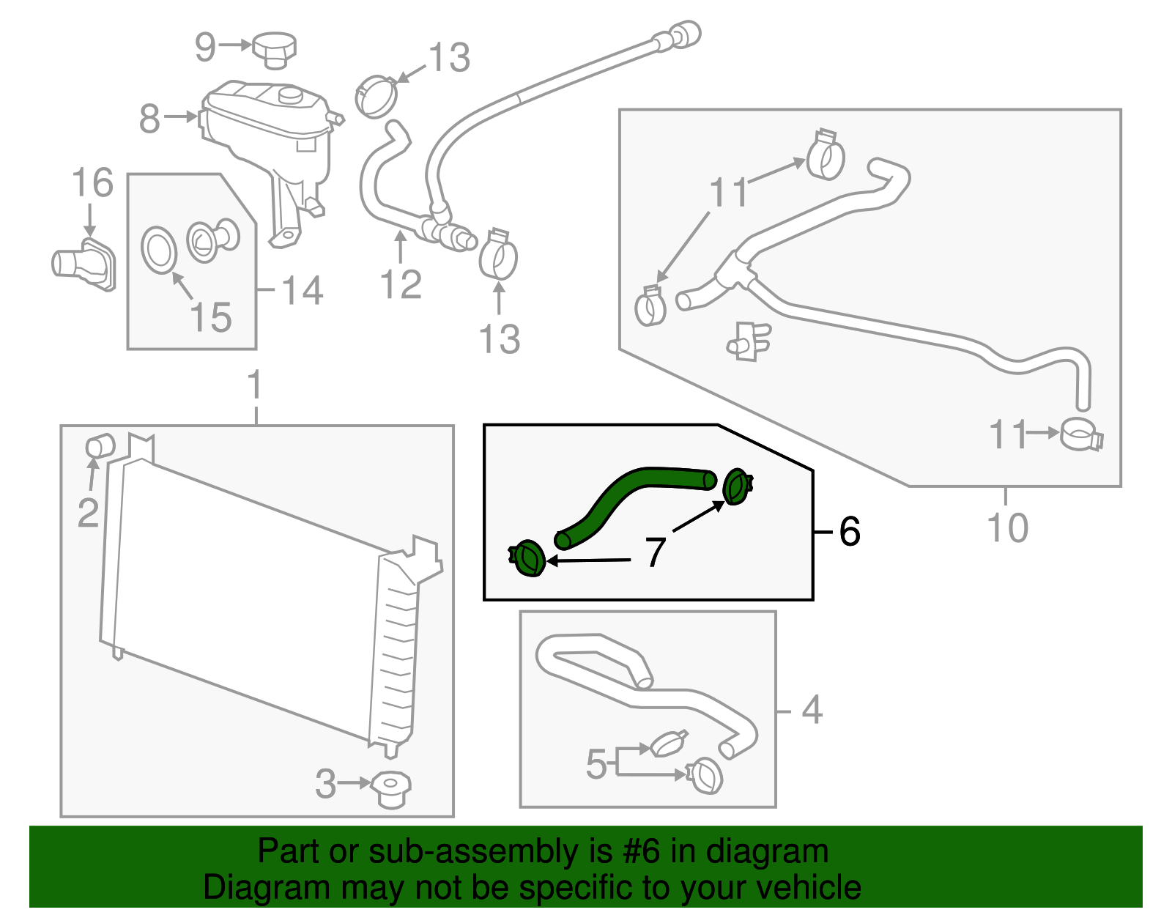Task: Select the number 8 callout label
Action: click(x=149, y=119)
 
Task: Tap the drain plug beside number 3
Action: click(x=390, y=789)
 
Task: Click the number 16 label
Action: click(x=92, y=183)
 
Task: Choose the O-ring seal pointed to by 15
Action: click(x=159, y=250)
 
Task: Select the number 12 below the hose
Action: click(x=401, y=285)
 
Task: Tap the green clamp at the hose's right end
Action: click(x=736, y=486)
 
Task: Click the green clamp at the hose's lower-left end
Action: click(x=528, y=560)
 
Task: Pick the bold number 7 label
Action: click(x=655, y=552)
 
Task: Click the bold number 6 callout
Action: click(x=850, y=531)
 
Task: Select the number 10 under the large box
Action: click(x=1008, y=528)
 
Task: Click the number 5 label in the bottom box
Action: click(x=596, y=764)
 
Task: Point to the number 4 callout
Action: click(x=812, y=710)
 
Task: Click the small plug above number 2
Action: click(x=99, y=445)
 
